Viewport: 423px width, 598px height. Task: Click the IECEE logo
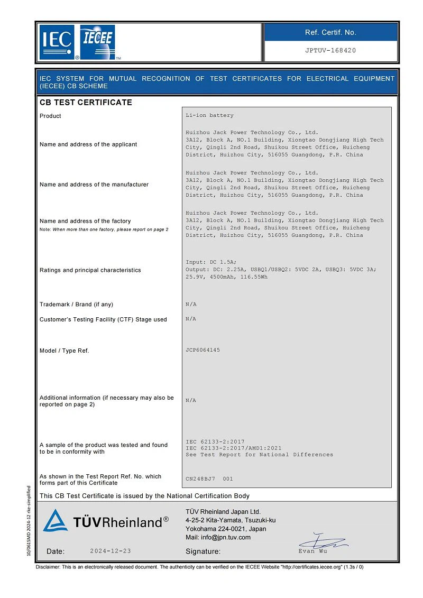pyautogui.click(x=98, y=42)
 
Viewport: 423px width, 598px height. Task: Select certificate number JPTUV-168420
pyautogui.click(x=330, y=51)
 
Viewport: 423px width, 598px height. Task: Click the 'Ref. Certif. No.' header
pyautogui.click(x=330, y=32)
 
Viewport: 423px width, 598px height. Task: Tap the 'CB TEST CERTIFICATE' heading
pyautogui.click(x=86, y=103)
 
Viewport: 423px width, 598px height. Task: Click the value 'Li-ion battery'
pyautogui.click(x=209, y=115)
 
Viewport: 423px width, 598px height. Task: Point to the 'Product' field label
pyautogui.click(x=50, y=116)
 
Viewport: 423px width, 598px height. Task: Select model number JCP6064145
pyautogui.click(x=203, y=350)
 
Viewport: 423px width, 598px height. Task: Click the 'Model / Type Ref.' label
pyautogui.click(x=64, y=351)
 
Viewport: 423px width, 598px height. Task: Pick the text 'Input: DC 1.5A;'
pyautogui.click(x=211, y=262)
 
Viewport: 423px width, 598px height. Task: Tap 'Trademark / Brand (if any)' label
pyautogui.click(x=76, y=305)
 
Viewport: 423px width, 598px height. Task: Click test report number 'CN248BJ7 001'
pyautogui.click(x=209, y=479)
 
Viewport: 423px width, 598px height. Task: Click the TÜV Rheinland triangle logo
pyautogui.click(x=55, y=521)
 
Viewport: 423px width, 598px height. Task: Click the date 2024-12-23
pyautogui.click(x=111, y=551)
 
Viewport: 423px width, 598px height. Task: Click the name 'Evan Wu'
pyautogui.click(x=312, y=551)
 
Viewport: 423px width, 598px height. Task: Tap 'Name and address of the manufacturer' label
pyautogui.click(x=94, y=185)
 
